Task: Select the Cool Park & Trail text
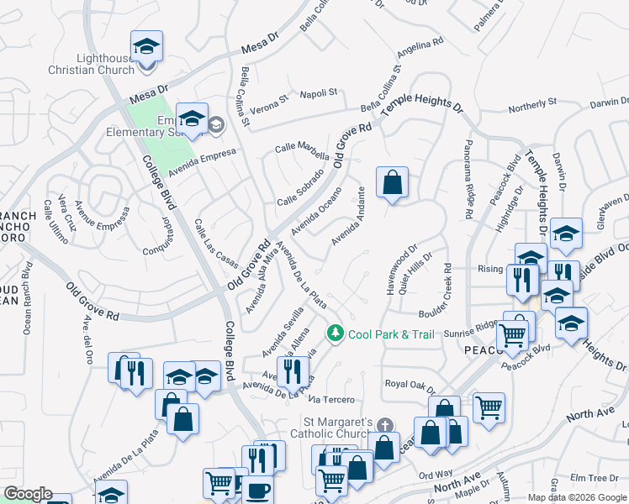391,334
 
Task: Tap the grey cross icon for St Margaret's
385,425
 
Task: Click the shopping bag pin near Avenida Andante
392,182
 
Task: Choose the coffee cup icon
259,490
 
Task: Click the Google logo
28,494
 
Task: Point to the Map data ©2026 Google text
577,497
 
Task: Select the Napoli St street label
320,92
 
